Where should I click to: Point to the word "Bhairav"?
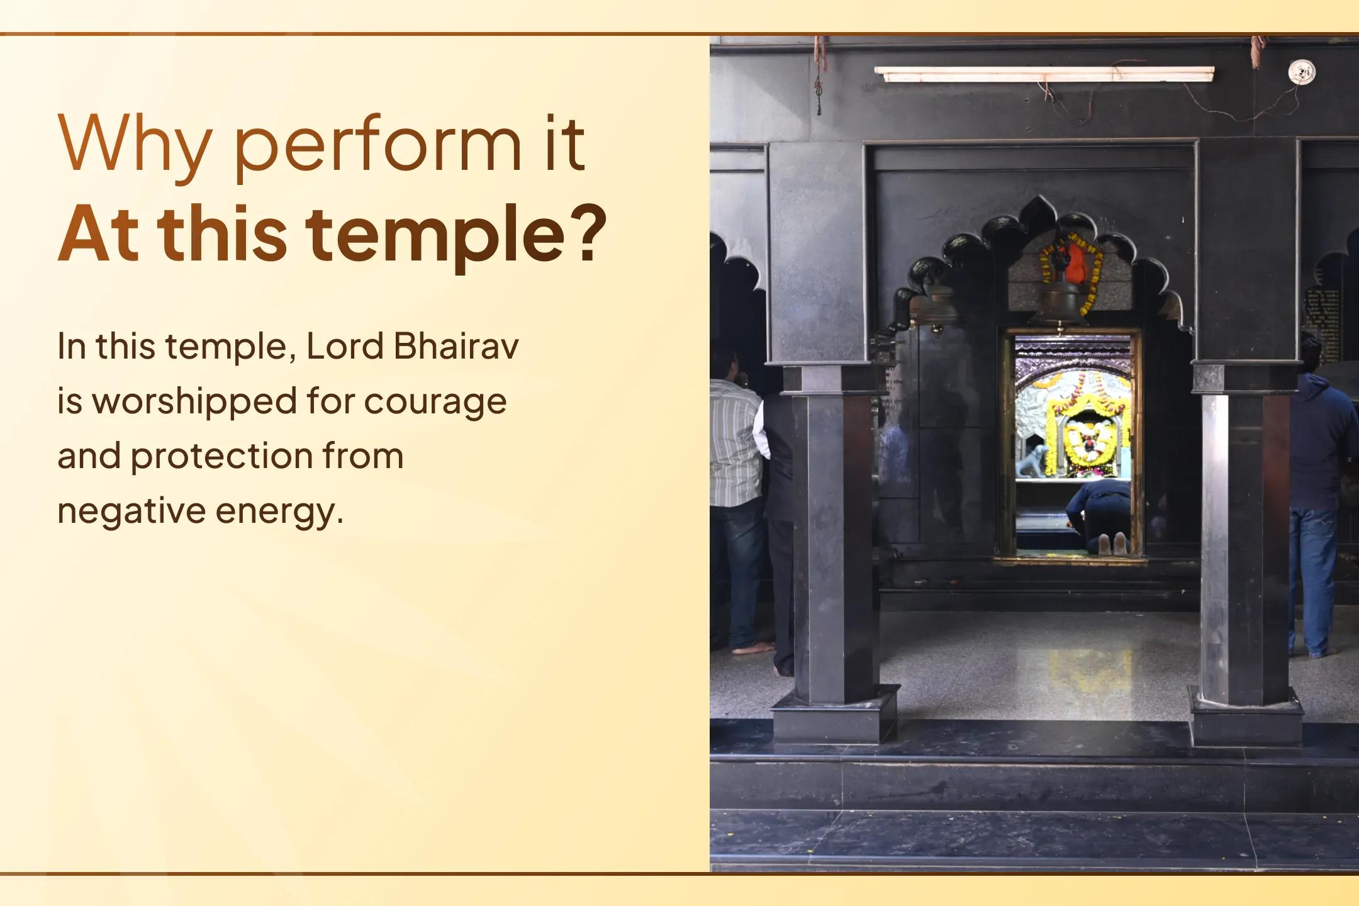tap(456, 347)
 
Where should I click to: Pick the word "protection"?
tap(221, 456)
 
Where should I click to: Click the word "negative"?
tap(130, 510)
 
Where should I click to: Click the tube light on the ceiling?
tap(1044, 74)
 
